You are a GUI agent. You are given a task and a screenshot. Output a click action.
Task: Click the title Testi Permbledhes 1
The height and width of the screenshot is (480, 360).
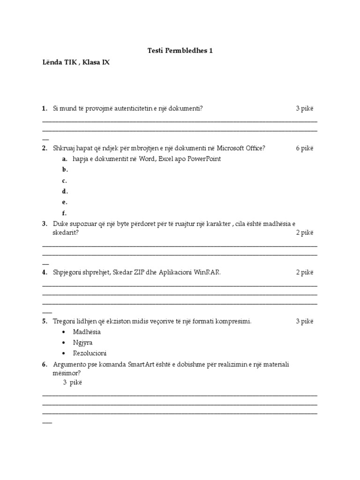pos(180,50)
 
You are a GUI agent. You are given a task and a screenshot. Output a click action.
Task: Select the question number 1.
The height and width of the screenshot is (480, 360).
pos(45,108)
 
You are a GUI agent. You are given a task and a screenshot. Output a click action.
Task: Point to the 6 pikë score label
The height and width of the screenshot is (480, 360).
pos(304,148)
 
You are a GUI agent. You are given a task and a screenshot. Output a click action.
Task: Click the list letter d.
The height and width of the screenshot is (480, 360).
pos(64,191)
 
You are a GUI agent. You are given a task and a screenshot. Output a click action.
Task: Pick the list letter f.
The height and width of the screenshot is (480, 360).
pos(64,213)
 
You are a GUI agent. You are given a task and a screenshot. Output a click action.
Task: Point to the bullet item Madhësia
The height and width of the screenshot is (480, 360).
pos(87,332)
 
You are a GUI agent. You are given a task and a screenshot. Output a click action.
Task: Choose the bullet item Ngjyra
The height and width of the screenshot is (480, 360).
pos(83,343)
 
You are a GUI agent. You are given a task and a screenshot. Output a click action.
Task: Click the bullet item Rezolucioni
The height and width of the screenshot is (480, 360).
pos(90,353)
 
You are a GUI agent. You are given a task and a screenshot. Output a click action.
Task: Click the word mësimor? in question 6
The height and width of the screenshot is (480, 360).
pos(66,373)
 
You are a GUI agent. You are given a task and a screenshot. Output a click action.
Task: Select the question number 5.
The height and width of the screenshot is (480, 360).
pos(45,321)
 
